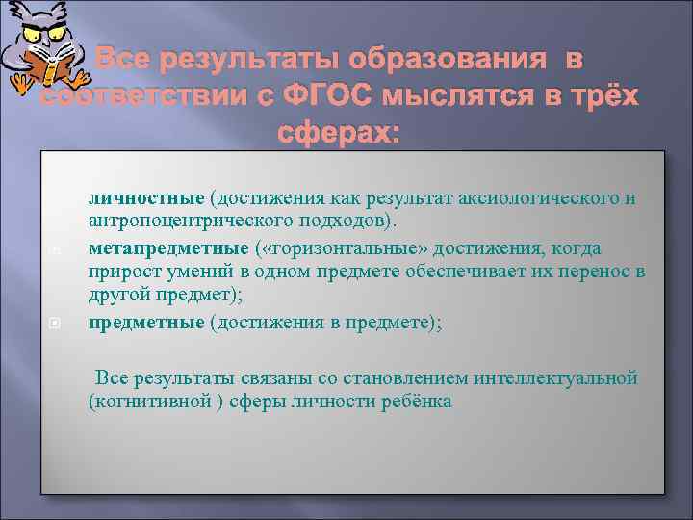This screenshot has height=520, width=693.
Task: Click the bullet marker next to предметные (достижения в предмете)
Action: pos(55,325)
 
